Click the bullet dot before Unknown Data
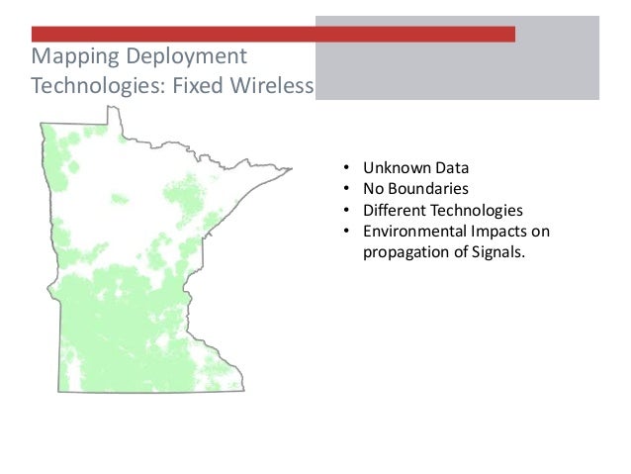[x=347, y=168]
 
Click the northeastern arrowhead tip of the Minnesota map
[x=292, y=168]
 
